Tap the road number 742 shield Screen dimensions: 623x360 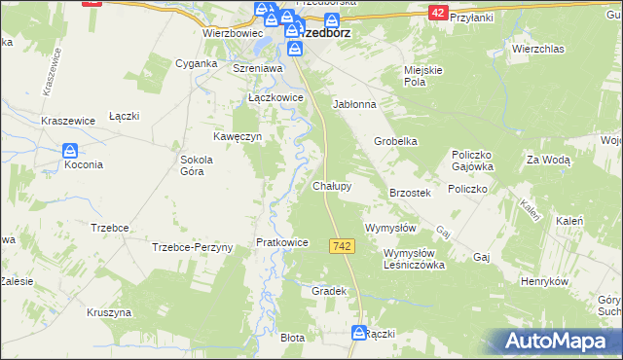pos(341,247)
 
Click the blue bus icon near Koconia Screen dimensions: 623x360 pos(70,151)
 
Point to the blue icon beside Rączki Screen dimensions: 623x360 pos(358,333)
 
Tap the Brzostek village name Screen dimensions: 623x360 pos(410,194)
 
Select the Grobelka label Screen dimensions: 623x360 pos(396,141)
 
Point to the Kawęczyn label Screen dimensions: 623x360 pos(238,137)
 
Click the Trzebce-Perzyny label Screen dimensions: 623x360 pos(193,247)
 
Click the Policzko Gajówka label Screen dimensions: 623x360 pos(474,161)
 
